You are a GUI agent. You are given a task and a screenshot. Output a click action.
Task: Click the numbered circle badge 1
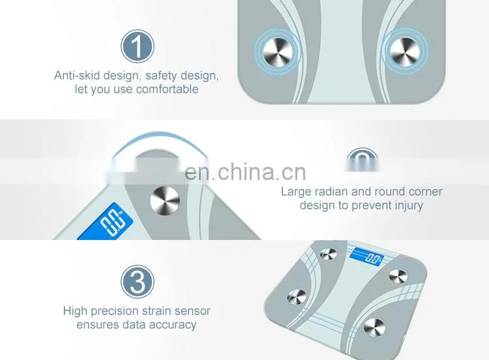[138, 46]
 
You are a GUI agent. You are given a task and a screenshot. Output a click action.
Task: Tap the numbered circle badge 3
[138, 282]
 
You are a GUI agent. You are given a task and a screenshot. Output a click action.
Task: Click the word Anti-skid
[77, 76]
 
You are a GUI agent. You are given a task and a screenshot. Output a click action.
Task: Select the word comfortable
[167, 89]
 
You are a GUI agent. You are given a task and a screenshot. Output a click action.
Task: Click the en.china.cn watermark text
[245, 172]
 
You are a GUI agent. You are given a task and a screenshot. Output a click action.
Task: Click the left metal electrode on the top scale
[278, 52]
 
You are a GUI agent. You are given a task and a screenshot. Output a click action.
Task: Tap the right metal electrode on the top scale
[405, 52]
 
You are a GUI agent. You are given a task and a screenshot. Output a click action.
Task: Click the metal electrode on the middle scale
[165, 201]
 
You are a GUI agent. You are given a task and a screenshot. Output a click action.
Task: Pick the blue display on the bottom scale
[366, 257]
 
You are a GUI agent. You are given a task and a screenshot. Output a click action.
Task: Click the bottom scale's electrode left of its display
[329, 254]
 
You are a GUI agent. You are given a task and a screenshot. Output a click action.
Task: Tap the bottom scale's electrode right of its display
[398, 276]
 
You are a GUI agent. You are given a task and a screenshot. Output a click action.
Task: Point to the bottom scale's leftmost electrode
[297, 296]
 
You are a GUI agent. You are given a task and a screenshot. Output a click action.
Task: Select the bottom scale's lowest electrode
[374, 327]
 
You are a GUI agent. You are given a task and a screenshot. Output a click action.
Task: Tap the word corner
[425, 192]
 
